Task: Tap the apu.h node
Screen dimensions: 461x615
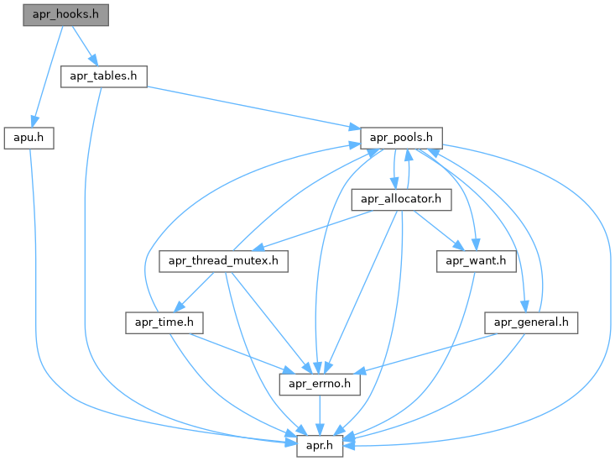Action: point(29,138)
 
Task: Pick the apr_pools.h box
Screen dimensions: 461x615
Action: point(401,138)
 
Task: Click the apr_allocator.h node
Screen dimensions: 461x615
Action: point(402,199)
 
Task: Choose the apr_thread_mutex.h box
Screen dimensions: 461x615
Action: point(224,261)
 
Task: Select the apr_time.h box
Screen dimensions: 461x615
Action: point(160,322)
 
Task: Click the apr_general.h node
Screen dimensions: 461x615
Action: point(531,322)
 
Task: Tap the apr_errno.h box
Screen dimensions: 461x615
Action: point(319,384)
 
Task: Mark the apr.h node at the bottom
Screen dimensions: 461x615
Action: point(320,445)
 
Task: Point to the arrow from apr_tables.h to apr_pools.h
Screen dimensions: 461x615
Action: point(252,106)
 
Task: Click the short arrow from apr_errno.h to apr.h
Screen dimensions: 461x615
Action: point(319,415)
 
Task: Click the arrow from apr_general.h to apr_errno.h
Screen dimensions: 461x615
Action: point(428,353)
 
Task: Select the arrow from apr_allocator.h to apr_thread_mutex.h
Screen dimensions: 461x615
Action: point(310,229)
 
